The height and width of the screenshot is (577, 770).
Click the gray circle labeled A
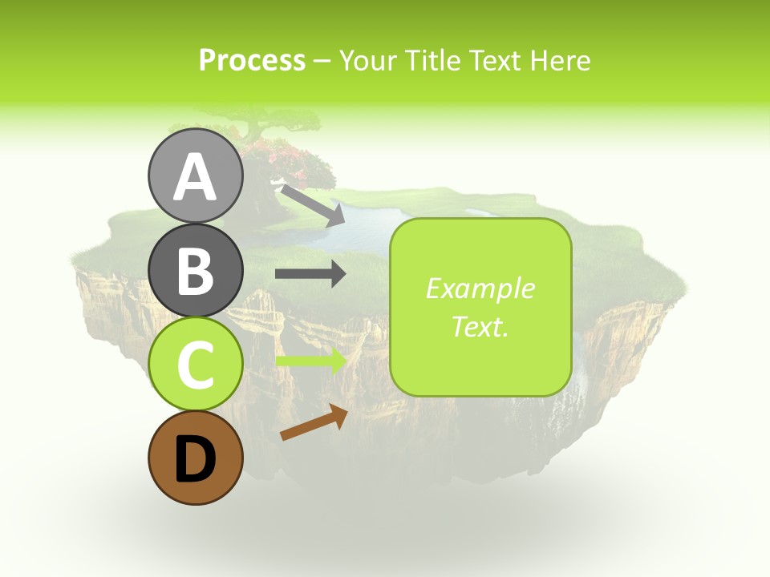point(195,176)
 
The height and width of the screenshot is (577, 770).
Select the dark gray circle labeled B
point(195,270)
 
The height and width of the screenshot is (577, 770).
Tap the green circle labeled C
point(195,364)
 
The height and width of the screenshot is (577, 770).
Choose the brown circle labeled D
point(195,458)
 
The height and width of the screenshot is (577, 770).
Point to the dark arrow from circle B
point(310,274)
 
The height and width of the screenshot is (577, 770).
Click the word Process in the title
point(252,60)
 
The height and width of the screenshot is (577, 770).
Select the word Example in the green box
point(480,288)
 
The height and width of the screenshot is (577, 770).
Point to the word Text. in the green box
point(480,326)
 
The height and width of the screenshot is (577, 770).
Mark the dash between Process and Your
point(322,61)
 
